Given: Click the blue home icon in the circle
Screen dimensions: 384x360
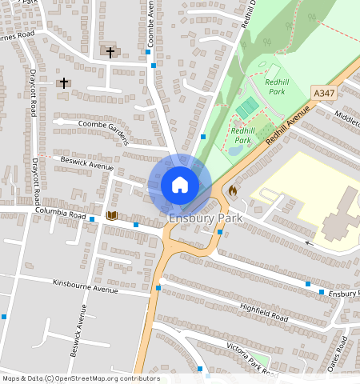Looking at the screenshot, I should click(180, 185).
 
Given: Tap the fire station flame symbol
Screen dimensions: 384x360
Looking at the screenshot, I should click(233, 191).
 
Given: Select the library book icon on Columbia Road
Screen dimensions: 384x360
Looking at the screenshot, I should click(112, 215).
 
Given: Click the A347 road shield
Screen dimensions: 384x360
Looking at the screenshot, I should click(324, 94).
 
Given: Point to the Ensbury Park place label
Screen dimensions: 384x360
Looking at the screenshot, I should click(202, 218).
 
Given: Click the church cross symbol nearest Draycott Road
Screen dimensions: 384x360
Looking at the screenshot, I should click(63, 82).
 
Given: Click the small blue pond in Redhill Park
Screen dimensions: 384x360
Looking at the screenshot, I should click(234, 150).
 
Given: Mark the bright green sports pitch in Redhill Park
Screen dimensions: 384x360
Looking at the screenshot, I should click(248, 106).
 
